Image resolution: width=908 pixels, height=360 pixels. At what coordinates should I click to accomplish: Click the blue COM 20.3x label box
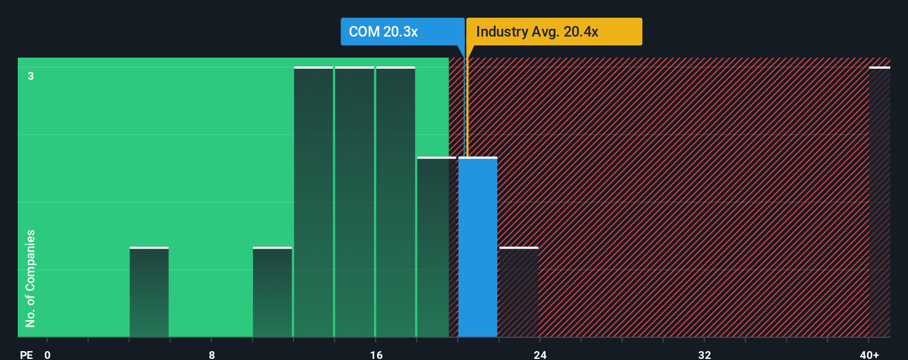402,32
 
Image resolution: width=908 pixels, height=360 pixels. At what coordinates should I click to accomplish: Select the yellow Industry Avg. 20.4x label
554,32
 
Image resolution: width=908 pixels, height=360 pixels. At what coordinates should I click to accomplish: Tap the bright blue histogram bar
477,247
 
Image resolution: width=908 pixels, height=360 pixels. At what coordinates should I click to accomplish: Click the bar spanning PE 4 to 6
149,292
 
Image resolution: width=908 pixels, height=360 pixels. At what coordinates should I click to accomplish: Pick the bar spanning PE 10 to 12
272,292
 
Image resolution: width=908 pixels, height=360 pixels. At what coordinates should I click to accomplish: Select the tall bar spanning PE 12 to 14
313,202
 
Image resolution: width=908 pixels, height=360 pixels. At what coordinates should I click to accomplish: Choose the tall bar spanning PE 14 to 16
354,202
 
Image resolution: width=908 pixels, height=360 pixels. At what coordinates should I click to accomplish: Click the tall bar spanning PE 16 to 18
395,202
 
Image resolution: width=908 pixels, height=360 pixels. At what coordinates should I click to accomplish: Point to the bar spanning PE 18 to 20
436,247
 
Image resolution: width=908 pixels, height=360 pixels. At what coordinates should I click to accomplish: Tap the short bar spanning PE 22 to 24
519,292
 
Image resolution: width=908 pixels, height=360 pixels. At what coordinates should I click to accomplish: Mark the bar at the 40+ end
879,202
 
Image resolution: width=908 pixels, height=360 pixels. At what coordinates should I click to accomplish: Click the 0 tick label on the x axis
48,354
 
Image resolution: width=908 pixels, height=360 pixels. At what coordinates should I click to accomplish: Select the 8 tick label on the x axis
211,354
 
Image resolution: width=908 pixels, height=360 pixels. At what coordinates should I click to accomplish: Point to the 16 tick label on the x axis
376,354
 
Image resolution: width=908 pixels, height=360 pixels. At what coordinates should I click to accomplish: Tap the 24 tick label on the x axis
540,354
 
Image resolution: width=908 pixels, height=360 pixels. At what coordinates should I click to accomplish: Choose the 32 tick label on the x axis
704,354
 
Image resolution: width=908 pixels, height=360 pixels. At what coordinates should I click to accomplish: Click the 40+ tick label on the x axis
869,354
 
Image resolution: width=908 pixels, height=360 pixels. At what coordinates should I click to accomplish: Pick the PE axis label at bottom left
26,354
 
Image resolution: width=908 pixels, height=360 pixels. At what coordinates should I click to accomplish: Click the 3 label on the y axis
31,76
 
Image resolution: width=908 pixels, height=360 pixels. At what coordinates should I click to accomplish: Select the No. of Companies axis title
30,278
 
